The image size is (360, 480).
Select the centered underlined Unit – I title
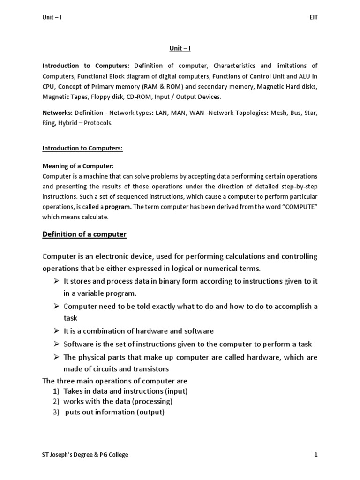coord(180,48)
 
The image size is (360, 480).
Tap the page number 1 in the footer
coord(316,454)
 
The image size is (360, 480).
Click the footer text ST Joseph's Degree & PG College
coord(85,454)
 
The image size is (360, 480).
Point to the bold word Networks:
coord(57,113)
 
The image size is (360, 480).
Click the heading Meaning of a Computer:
coord(78,166)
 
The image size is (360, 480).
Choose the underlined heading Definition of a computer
coord(84,234)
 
